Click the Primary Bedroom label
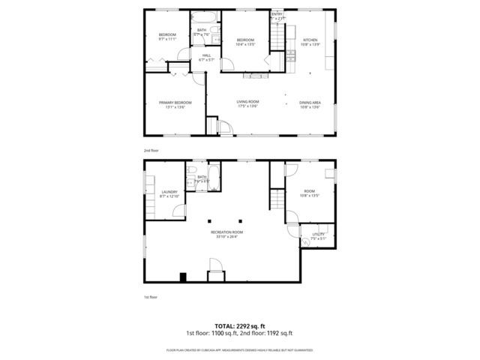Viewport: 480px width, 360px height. [175, 102]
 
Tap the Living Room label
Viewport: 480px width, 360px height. [247, 102]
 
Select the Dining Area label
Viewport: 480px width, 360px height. [310, 102]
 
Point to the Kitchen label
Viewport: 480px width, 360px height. [310, 40]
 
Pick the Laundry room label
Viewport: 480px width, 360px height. [169, 192]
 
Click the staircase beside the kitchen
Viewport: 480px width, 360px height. [280, 33]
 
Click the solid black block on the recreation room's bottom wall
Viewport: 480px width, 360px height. [183, 277]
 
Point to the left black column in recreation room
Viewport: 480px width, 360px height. [211, 220]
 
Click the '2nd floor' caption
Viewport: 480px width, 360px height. [151, 150]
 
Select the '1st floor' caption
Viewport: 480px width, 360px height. [151, 297]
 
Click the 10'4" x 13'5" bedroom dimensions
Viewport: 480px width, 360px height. [247, 44]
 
